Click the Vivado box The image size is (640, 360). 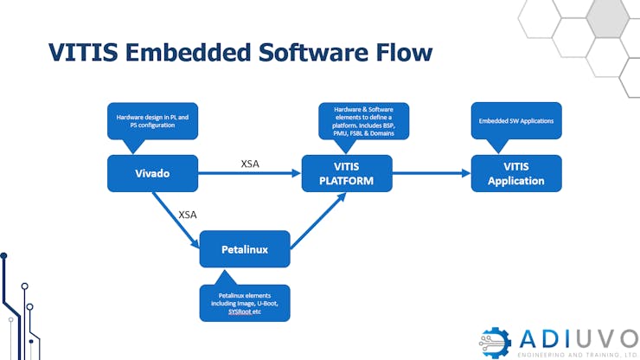point(152,173)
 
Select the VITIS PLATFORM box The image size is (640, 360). point(347,173)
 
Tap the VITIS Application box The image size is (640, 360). point(516,173)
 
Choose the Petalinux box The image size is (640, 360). point(245,249)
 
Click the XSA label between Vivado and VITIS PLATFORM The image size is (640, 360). point(251,164)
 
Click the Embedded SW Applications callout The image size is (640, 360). point(516,120)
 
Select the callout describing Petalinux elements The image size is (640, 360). point(243,304)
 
